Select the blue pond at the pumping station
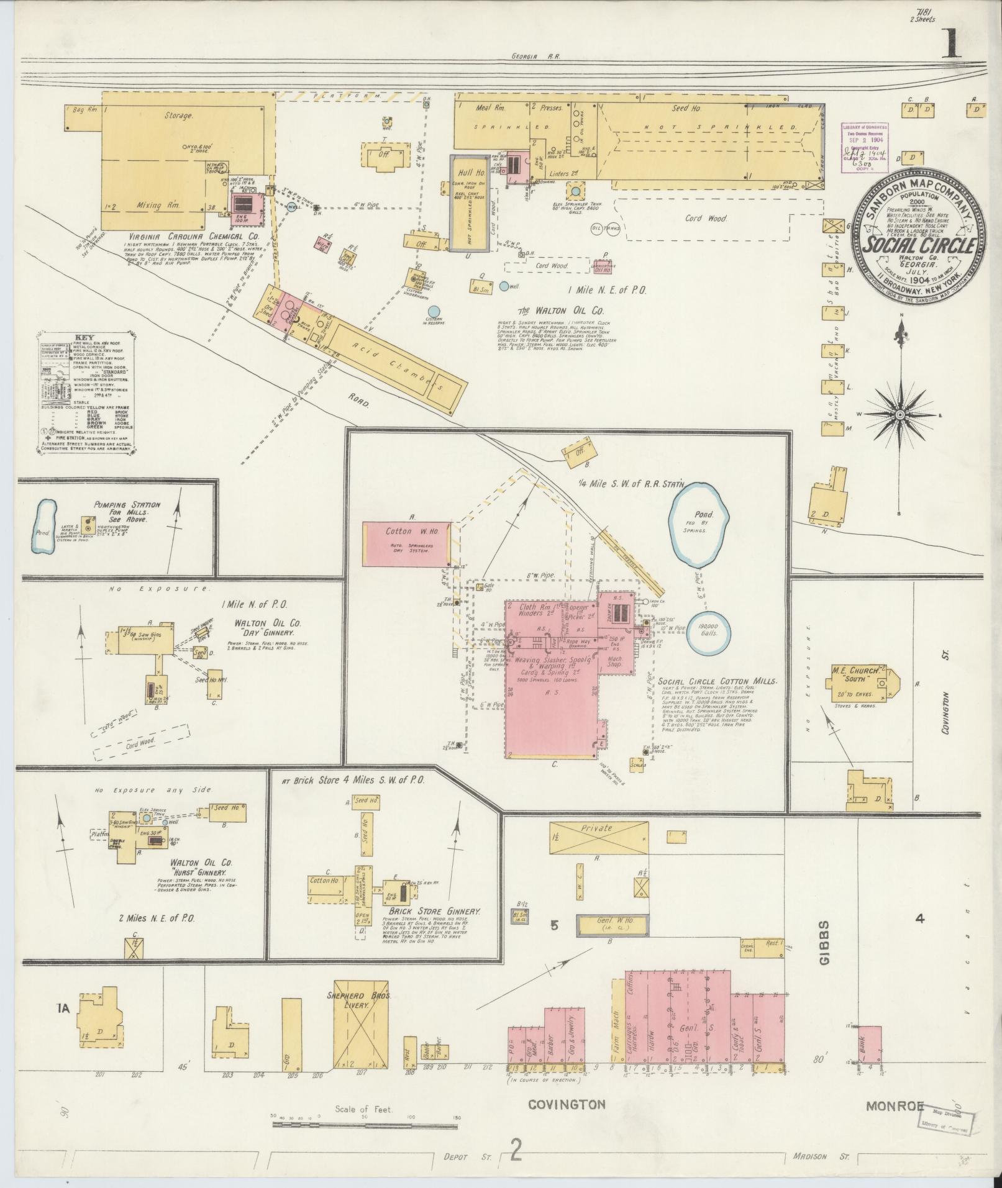click(43, 527)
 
